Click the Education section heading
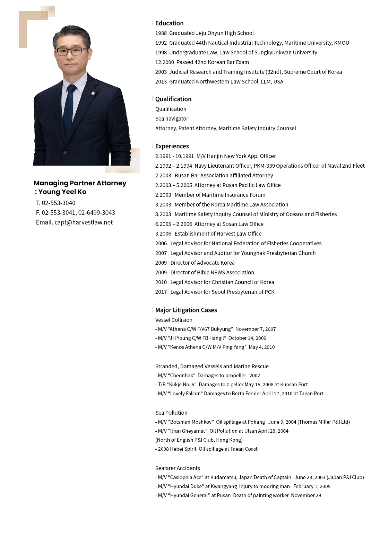tap(169, 23)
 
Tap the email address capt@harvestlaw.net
tap(84, 222)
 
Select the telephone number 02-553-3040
tap(58, 203)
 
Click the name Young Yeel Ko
tap(62, 192)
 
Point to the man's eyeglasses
tap(72, 52)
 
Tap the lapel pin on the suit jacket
tap(93, 93)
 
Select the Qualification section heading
tap(173, 99)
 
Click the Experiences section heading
tap(172, 146)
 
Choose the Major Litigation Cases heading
tap(186, 310)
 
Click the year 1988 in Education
tap(161, 33)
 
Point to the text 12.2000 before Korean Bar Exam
tap(164, 62)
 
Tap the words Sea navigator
tap(172, 118)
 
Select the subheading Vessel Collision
tap(174, 320)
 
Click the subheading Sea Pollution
tap(171, 413)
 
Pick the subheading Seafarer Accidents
tap(178, 468)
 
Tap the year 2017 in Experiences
tap(161, 292)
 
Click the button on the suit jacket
tap(65, 152)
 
